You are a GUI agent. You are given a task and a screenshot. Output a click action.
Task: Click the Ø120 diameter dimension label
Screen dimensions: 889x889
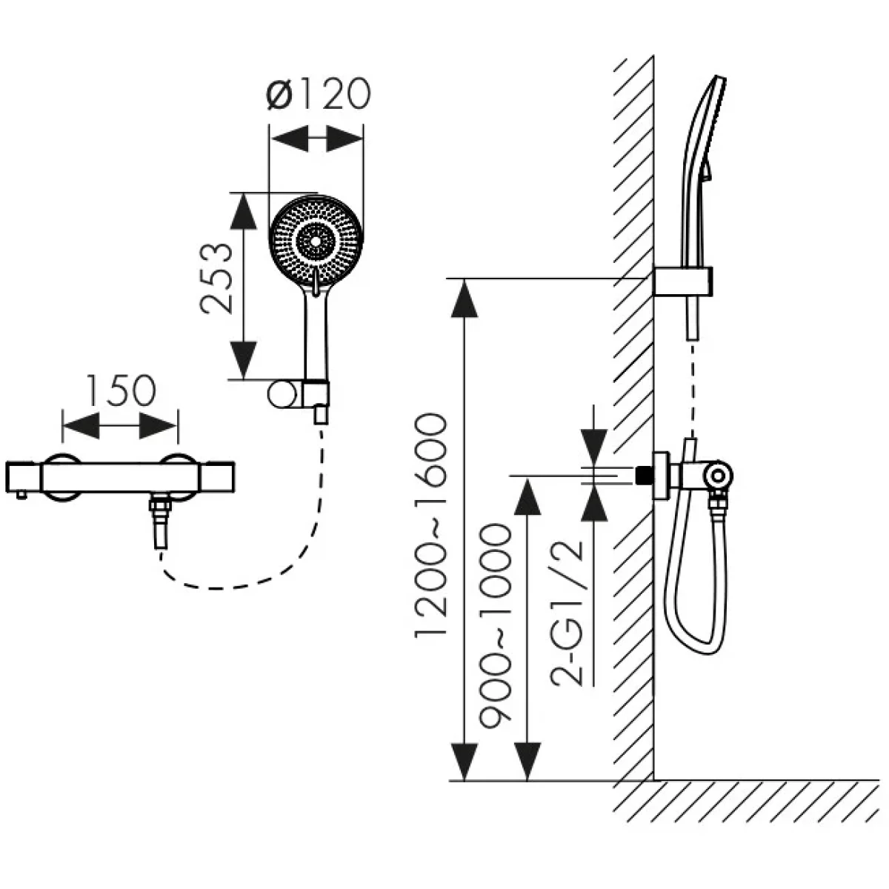pyautogui.click(x=316, y=96)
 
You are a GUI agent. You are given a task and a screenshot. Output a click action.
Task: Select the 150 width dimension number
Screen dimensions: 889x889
pyautogui.click(x=121, y=392)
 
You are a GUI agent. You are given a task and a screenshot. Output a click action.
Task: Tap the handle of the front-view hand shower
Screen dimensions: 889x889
pyautogui.click(x=316, y=333)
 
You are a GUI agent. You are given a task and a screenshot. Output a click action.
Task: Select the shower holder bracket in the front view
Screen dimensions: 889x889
pyautogui.click(x=296, y=394)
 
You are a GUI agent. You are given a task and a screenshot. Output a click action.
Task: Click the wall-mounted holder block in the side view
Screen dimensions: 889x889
pyautogui.click(x=683, y=282)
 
